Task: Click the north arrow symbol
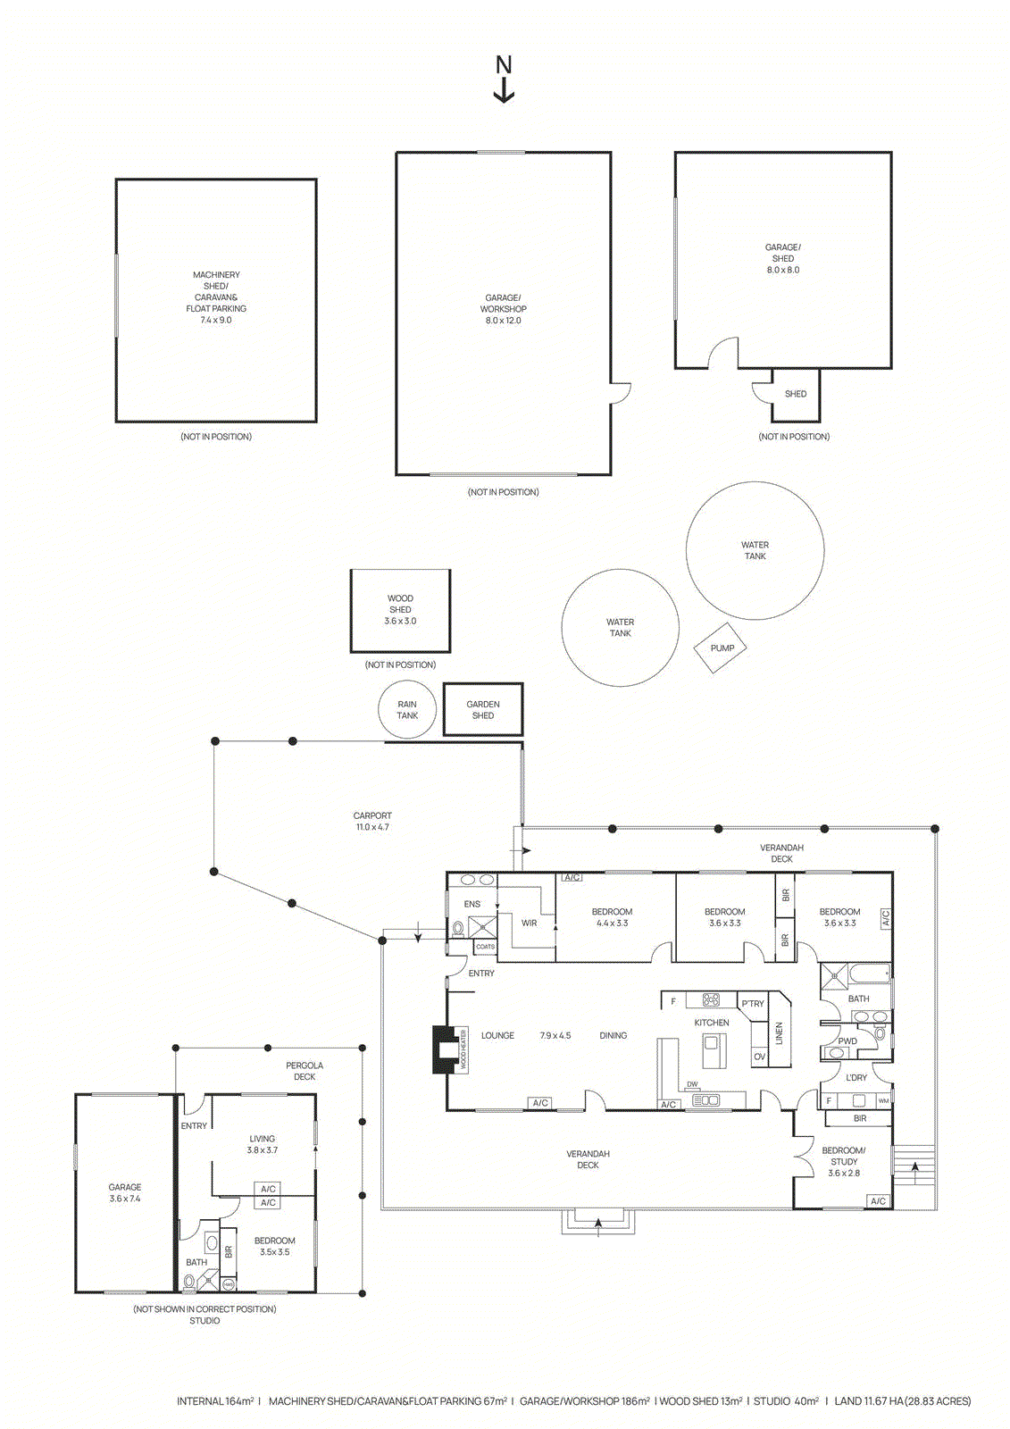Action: click(504, 79)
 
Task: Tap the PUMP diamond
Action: click(722, 648)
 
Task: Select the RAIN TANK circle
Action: click(407, 710)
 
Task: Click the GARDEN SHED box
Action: click(483, 710)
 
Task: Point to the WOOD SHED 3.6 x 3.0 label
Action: click(400, 610)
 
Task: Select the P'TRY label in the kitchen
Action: click(753, 1004)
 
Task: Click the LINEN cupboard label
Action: click(779, 1033)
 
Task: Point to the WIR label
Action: click(530, 923)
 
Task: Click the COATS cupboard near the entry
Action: click(485, 947)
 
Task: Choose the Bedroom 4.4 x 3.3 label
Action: click(612, 917)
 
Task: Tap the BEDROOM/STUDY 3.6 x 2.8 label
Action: click(844, 1162)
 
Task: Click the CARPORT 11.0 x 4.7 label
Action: click(372, 821)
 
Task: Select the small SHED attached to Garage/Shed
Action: click(795, 394)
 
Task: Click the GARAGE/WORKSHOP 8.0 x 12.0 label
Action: click(503, 309)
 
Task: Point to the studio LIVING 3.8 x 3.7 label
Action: click(263, 1144)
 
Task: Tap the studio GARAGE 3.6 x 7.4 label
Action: click(125, 1193)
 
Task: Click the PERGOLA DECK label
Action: click(305, 1071)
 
